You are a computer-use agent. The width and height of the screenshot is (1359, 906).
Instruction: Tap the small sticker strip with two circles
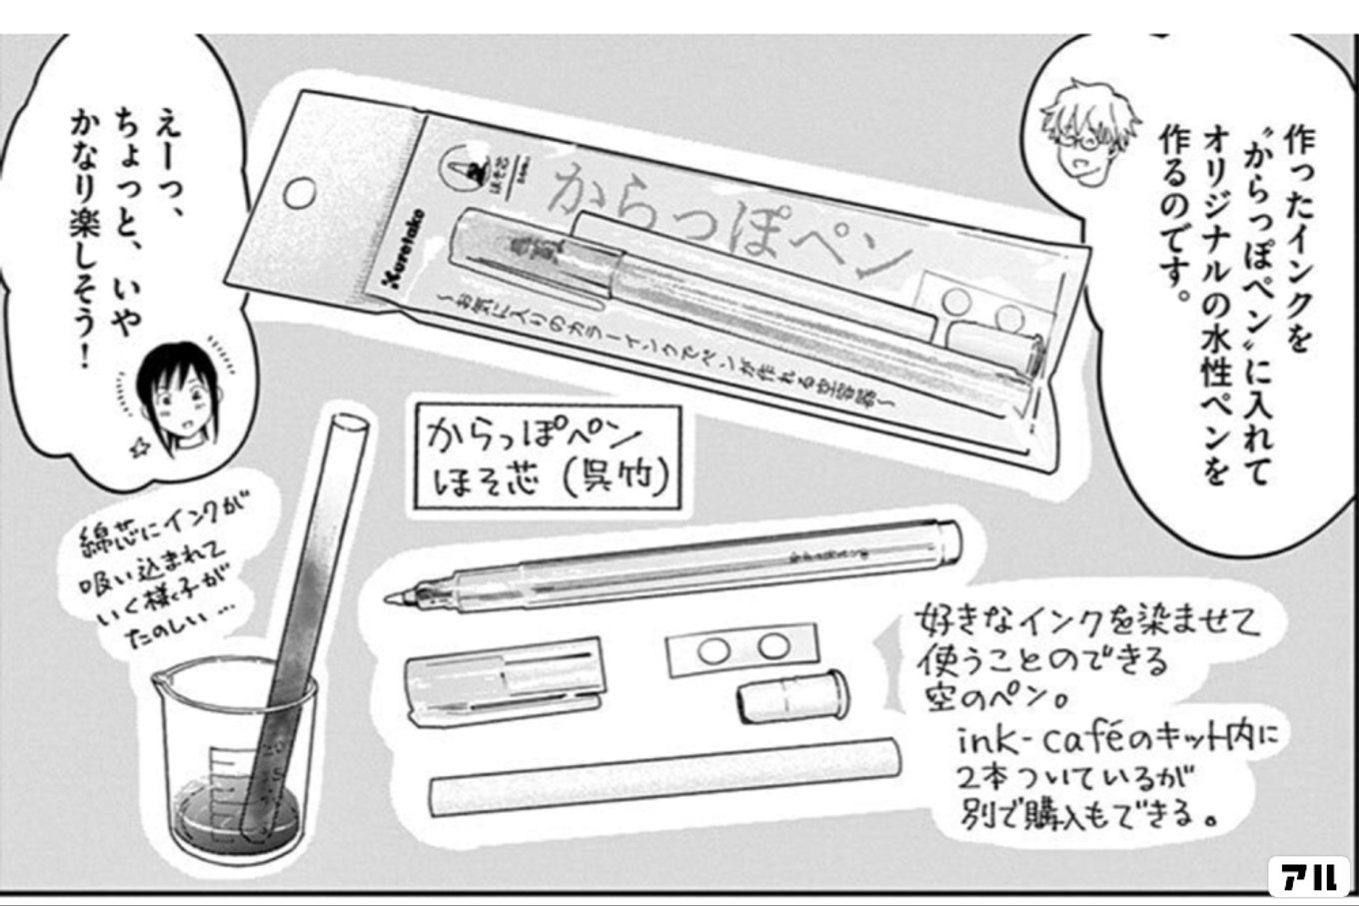740,650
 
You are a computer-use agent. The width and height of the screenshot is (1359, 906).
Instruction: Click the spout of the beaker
161,684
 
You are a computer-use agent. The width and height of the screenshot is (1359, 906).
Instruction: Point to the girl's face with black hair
174,395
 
